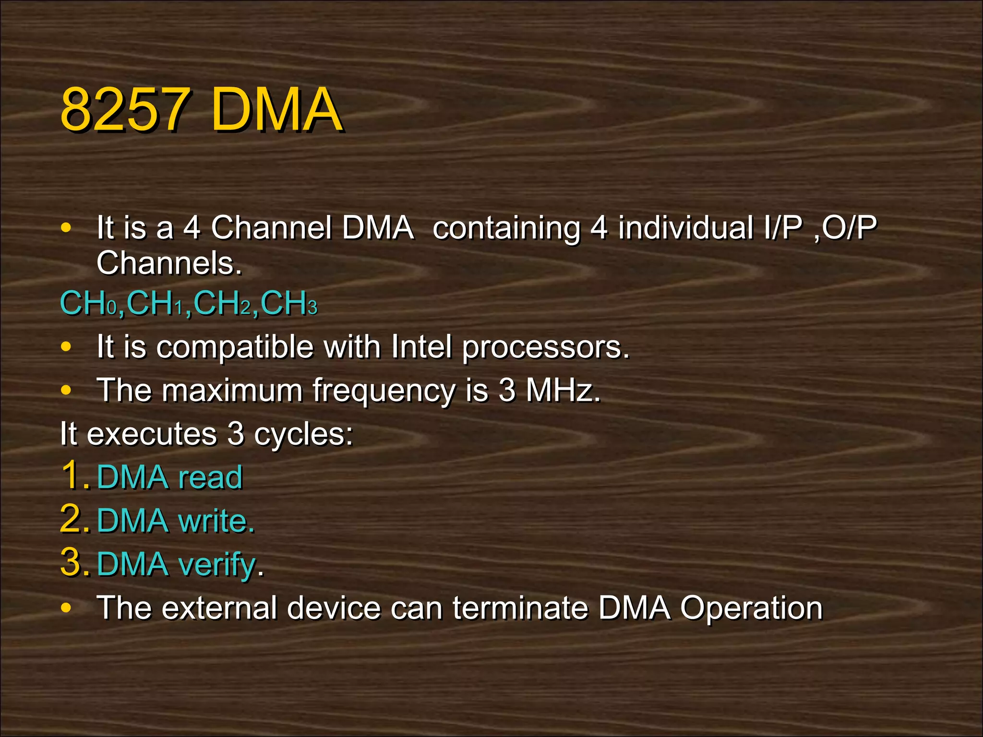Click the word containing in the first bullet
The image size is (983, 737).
(x=505, y=228)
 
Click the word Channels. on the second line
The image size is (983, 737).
(x=169, y=263)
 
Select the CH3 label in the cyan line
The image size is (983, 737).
(x=289, y=304)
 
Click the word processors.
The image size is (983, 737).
(x=545, y=347)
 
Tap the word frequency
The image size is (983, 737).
(x=384, y=391)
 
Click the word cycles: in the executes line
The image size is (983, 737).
(x=303, y=434)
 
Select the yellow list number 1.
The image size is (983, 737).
(x=72, y=475)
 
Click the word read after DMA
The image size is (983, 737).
(x=210, y=477)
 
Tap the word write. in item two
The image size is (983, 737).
(x=216, y=521)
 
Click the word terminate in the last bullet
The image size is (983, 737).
(x=520, y=608)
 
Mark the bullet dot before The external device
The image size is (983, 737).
(x=66, y=608)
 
